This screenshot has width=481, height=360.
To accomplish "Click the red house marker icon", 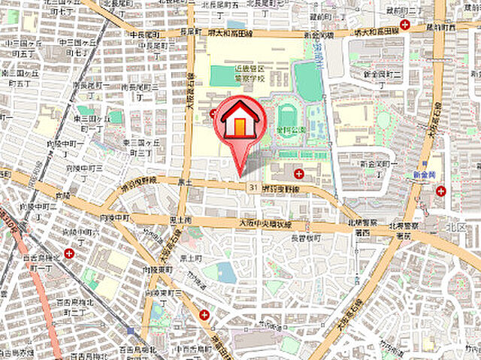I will pos(240,120).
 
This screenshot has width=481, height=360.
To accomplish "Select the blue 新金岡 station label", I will pos(425,174).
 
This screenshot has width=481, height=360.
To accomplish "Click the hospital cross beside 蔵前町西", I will pos(405,26).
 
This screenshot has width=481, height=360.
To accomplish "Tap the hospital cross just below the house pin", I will pos(300,174).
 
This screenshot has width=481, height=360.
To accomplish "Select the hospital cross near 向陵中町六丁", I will pos(69,254).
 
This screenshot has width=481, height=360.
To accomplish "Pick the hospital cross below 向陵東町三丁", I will pos(204,315).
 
